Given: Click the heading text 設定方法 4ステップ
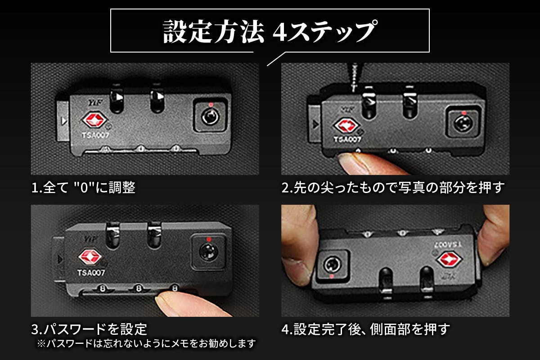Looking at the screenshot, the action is point(269,31).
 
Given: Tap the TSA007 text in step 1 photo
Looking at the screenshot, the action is point(95,135).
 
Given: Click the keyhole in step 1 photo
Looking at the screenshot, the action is point(210,117).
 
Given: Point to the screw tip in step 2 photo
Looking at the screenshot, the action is point(354,90).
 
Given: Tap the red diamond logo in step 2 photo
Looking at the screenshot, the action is point(346,126).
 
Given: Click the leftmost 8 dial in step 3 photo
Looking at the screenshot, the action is point(103,288).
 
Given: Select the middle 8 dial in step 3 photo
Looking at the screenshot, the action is point(139,288).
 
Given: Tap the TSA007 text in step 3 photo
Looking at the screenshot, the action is point(91,273).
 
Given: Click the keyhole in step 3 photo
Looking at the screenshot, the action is point(208,252).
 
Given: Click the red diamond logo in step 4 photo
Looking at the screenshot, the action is point(449,259).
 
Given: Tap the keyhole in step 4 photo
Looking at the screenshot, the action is point(333,265).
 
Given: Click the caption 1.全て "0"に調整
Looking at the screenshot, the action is point(83,187).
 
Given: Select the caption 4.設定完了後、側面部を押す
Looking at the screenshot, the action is point(366,329).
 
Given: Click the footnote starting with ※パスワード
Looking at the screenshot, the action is point(147,343).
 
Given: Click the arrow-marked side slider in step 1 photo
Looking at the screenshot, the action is point(63,121).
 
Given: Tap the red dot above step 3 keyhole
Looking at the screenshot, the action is point(209,239).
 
